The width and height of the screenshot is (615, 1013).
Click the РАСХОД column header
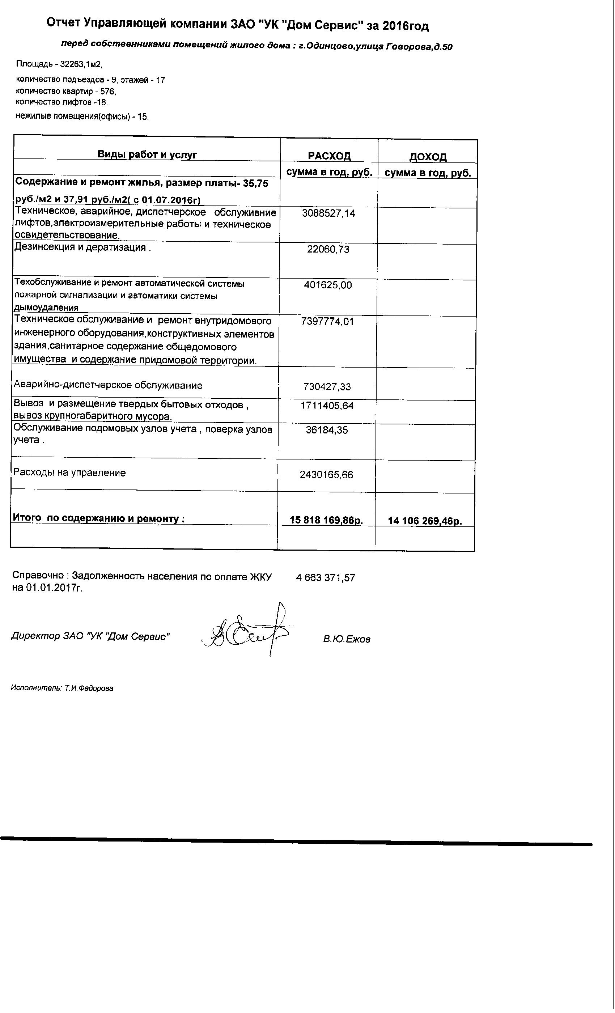pos(329,156)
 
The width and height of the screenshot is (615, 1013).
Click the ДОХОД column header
pos(428,157)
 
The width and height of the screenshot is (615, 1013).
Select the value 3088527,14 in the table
pos(328,213)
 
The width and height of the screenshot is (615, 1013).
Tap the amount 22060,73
pos(328,249)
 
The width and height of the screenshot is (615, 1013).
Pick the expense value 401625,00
pos(328,285)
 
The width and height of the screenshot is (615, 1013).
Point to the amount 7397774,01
pos(327,321)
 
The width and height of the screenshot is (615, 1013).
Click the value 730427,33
pos(327,386)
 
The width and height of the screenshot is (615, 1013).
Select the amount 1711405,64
pos(327,406)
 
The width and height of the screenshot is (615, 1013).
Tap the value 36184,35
pos(327,430)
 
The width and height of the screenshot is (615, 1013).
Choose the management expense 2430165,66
pos(326,475)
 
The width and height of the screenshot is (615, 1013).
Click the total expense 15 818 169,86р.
pos(326,520)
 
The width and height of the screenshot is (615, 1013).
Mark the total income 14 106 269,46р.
pos(425,521)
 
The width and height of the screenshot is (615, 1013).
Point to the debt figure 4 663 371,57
pos(325,578)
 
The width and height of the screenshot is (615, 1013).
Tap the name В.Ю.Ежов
pos(347,639)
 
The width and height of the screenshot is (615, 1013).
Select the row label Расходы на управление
pos(69,473)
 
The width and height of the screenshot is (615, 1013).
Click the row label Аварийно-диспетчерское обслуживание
pos(108,385)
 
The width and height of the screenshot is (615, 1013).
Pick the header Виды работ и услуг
pos(147,154)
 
